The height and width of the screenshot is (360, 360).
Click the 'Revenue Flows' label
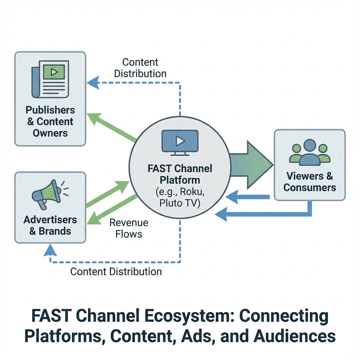coord(129,228)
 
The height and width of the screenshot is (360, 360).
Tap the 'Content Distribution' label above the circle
coord(140,68)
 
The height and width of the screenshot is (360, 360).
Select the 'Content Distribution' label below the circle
coord(116,271)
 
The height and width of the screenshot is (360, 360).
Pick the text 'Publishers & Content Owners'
coord(50,122)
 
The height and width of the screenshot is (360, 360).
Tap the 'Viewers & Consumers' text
coord(309,181)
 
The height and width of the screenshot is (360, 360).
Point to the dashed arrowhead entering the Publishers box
coord(92,83)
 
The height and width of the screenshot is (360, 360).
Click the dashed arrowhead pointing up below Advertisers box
coord(51,249)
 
